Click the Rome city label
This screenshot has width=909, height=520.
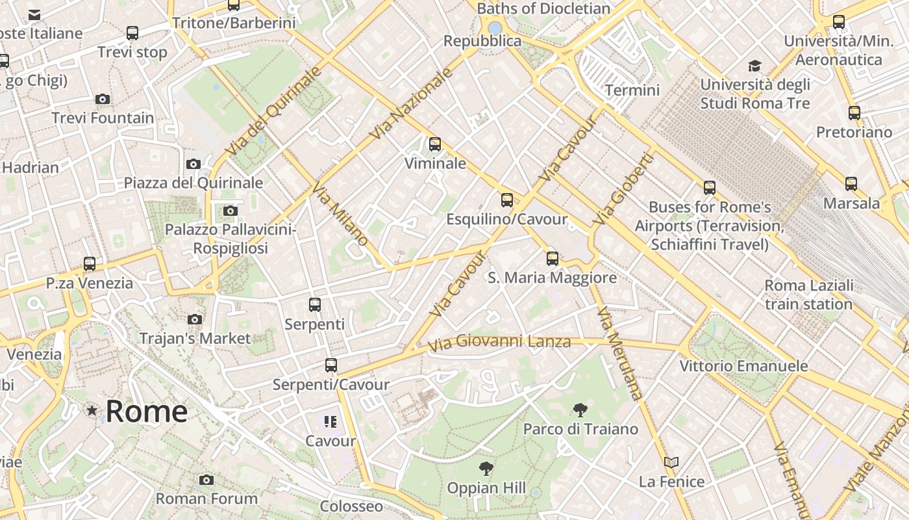coord(147,411)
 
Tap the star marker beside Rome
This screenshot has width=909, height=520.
coord(92,411)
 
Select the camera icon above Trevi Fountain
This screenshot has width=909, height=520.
coord(103,99)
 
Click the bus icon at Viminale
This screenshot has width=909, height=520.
coord(435,144)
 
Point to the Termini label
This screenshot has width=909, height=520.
coord(632,90)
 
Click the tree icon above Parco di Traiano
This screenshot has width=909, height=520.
coord(580,410)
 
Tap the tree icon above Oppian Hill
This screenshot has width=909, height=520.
coord(486,469)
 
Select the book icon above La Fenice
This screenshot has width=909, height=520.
coord(671,463)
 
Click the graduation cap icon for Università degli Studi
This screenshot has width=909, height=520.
coord(754,66)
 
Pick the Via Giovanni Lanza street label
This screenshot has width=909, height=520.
coord(499,341)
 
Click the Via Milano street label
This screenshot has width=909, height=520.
coord(340,215)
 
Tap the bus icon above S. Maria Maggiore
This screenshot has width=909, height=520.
coord(552,259)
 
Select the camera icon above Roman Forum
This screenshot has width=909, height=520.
coord(206,480)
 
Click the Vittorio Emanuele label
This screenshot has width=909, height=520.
coord(743,366)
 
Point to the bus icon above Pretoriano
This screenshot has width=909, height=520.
coord(854,113)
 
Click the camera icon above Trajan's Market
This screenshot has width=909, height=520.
coord(195,319)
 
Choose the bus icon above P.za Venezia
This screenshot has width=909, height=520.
coord(90,264)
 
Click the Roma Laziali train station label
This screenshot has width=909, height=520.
coord(808,294)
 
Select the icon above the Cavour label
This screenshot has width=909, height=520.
coord(330,422)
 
